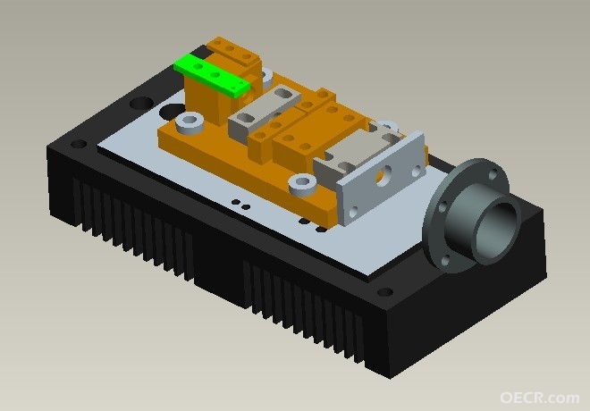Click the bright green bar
click(x=212, y=74)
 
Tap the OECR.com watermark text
click(x=540, y=398)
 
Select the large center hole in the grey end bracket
click(x=383, y=176)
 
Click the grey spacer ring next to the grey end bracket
click(x=302, y=185)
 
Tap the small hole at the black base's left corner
click(x=79, y=144)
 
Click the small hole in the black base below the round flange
click(x=384, y=292)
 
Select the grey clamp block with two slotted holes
click(x=265, y=109)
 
